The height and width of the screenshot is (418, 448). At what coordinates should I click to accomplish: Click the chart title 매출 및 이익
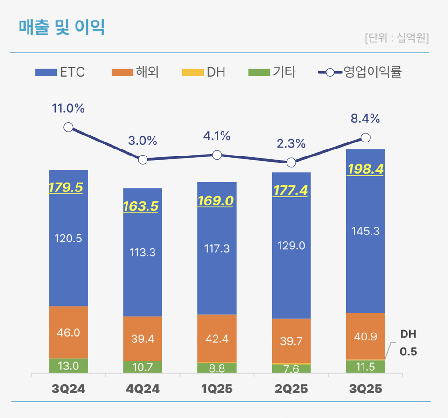(x=62, y=28)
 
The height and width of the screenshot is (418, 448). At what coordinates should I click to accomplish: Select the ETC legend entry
(x=61, y=72)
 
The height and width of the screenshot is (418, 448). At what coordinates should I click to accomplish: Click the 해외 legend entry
(x=135, y=72)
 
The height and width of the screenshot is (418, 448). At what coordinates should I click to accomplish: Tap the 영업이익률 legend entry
(x=360, y=72)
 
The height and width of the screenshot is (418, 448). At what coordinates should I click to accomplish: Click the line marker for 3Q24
(x=69, y=128)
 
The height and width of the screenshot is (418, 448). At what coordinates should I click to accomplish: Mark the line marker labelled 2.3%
(x=291, y=163)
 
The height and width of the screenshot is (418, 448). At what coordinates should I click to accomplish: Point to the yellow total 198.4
(x=365, y=169)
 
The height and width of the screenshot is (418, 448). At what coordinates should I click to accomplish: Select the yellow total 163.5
(x=142, y=206)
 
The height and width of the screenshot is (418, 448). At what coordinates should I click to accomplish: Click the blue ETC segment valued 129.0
(x=291, y=246)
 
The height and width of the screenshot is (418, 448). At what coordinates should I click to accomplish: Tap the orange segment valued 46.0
(x=69, y=333)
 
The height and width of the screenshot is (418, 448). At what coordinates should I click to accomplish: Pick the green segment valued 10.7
(x=142, y=367)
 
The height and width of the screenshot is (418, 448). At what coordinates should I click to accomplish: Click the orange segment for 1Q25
(x=217, y=339)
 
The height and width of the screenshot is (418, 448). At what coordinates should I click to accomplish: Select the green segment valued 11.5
(x=365, y=367)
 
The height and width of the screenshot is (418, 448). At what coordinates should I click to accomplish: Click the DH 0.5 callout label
(x=408, y=343)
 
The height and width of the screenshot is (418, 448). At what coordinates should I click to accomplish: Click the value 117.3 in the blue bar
(x=217, y=248)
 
